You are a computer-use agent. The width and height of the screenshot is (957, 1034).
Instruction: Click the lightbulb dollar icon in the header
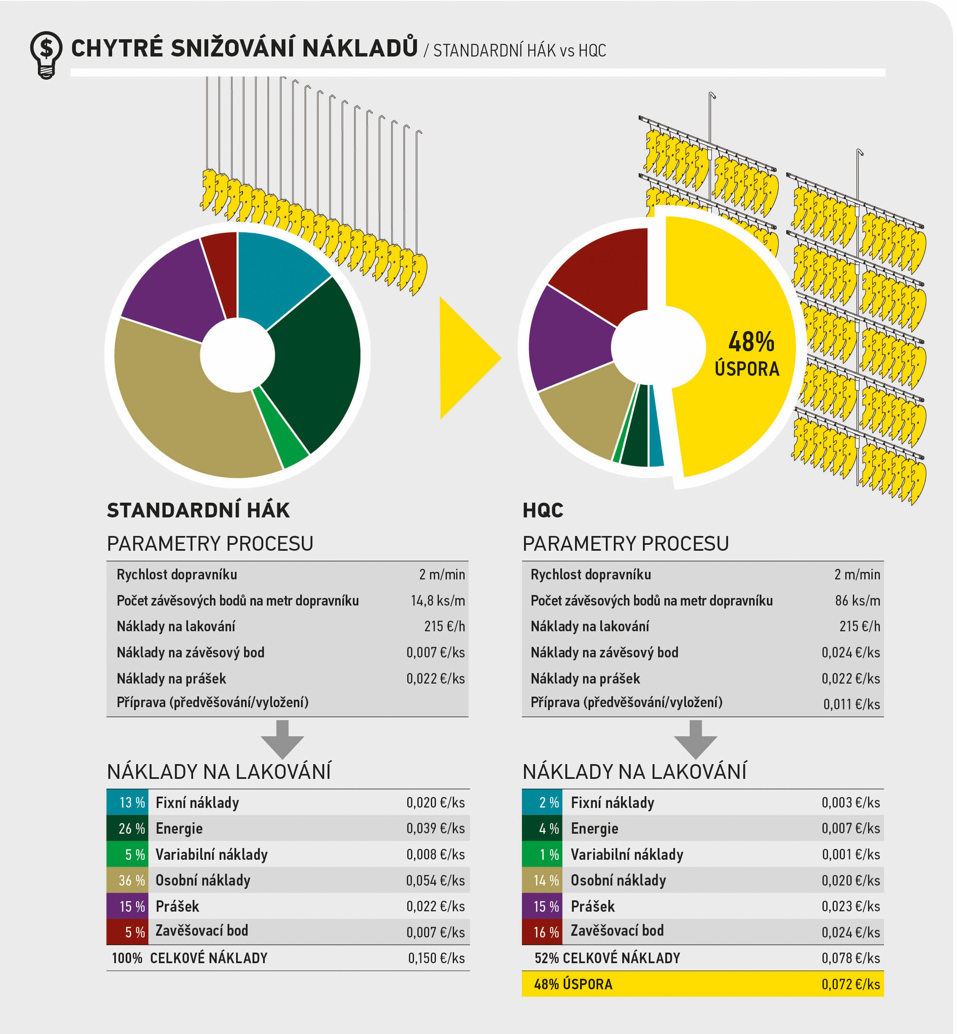click(46, 54)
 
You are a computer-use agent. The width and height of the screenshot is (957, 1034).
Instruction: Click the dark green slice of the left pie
click(316, 358)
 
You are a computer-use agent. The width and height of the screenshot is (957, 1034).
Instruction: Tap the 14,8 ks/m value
click(438, 600)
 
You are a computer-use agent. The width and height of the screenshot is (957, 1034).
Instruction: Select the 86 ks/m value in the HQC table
click(857, 600)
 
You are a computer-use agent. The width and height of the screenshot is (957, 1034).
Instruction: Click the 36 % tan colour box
click(127, 880)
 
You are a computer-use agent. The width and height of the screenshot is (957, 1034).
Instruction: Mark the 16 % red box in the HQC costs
click(542, 932)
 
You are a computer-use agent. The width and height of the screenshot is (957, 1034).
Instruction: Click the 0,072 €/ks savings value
click(850, 984)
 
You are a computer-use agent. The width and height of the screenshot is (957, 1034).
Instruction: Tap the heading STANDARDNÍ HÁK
click(198, 510)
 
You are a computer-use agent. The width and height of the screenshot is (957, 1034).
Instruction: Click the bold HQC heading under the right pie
click(542, 510)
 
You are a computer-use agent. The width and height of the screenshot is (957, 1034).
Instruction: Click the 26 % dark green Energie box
click(127, 828)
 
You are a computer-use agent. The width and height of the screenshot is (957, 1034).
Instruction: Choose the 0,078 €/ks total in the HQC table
click(850, 958)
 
